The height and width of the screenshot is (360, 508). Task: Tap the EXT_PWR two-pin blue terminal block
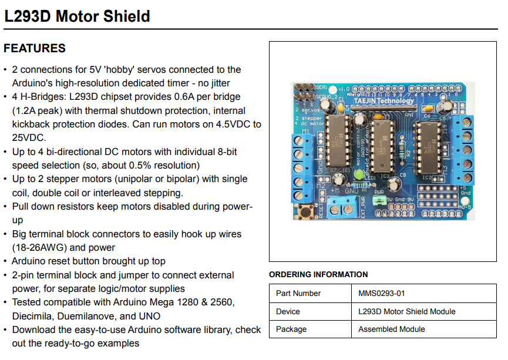pos(344,206)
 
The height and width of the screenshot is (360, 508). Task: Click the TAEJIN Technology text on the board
pos(384,100)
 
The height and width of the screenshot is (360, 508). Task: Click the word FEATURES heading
pos(35,49)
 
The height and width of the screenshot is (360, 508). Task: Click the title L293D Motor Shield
pos(77,16)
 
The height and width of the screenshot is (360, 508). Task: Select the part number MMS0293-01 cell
pos(382,293)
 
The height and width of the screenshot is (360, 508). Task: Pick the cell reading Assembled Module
pos(392,329)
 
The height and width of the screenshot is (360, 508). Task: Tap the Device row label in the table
pos(288,311)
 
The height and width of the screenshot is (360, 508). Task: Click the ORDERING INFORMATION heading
pos(318,274)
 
